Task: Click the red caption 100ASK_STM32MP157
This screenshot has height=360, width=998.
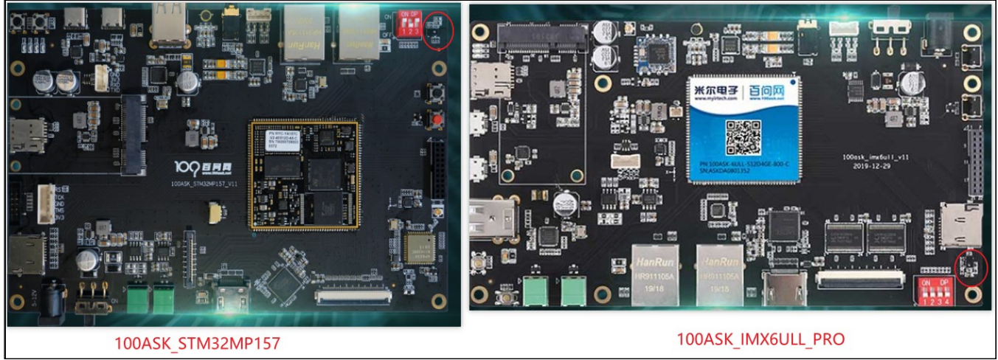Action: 197,343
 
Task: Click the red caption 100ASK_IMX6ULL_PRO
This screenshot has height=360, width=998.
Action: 760,339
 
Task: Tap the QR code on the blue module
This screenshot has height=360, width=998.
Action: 742,136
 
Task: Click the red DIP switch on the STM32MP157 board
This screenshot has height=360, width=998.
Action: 408,23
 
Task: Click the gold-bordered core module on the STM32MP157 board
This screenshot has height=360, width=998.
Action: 304,176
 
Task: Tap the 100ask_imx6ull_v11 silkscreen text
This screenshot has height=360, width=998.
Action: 875,158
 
